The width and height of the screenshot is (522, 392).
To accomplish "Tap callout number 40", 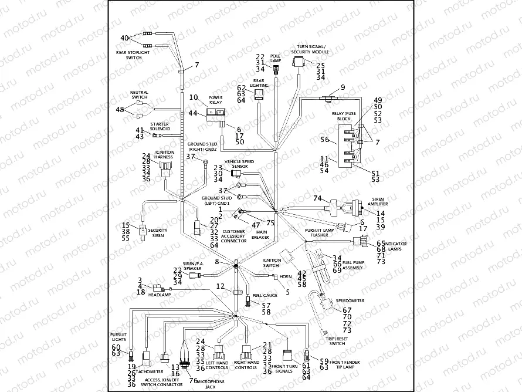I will point(124,38).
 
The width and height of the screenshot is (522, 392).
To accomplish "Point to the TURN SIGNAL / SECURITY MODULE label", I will point(311,49).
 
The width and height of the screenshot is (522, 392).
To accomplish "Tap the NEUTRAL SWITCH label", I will point(140,94).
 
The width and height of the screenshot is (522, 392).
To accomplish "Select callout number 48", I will point(120,110).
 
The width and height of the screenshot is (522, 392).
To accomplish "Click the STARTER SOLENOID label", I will point(160,127).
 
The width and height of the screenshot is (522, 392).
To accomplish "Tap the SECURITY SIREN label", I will point(157,233).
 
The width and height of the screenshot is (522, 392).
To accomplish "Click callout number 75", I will point(270,222).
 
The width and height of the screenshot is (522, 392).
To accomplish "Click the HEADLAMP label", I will point(158,295).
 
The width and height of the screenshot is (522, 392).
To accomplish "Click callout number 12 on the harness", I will point(220,286).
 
